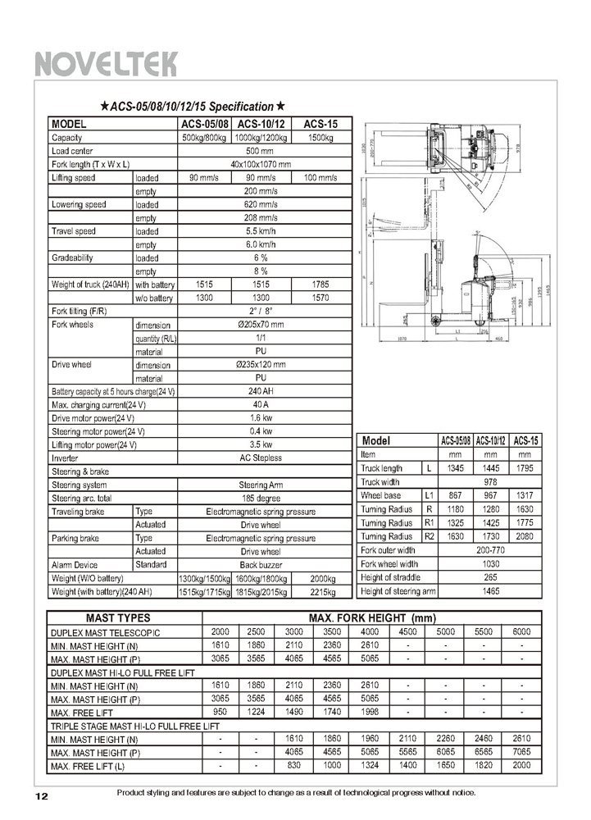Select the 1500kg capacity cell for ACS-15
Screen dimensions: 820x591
[x=316, y=138]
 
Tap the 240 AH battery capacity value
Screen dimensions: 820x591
[x=260, y=391]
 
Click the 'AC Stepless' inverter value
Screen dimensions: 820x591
[x=260, y=458]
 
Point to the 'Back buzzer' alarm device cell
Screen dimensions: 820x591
[x=260, y=565]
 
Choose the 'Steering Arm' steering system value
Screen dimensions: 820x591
[x=260, y=485]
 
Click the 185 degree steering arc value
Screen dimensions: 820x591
[x=260, y=498]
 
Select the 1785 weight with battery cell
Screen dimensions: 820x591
[x=316, y=284]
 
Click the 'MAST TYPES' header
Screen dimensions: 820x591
[x=124, y=617]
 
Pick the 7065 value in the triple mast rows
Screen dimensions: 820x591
[x=521, y=752]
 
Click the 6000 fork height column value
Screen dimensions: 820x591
[x=521, y=631]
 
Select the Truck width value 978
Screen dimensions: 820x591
[x=490, y=482]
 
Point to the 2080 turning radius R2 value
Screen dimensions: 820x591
[x=526, y=536]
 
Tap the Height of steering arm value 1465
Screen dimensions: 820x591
[x=490, y=590]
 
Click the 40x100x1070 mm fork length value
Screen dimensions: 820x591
[x=260, y=164]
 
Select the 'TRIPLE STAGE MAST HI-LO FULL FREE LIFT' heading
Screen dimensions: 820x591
[x=135, y=726]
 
